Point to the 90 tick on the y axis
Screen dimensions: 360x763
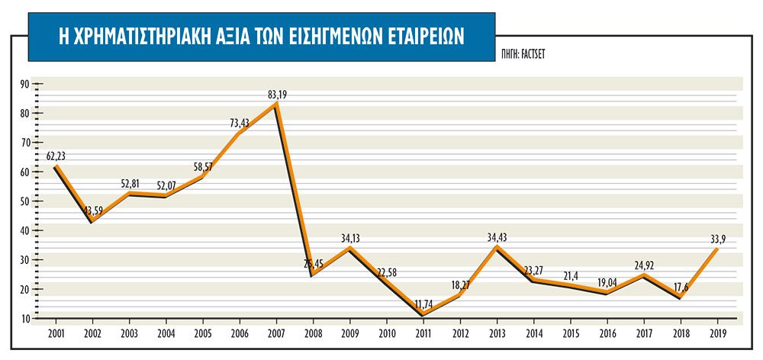(x=24, y=84)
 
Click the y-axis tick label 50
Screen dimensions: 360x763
(x=24, y=201)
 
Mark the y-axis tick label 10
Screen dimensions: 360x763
(x=24, y=318)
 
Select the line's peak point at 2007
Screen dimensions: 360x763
(x=275, y=104)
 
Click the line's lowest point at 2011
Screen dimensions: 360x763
(x=423, y=313)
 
